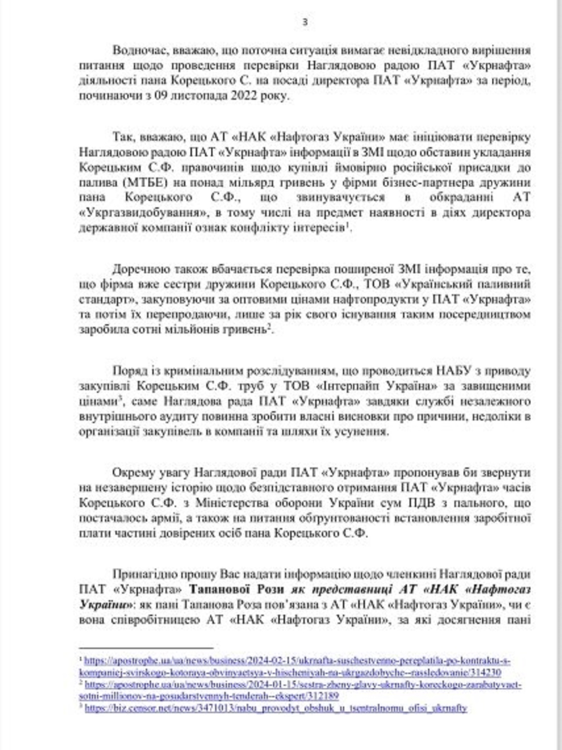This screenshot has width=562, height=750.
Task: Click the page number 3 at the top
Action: coord(305,22)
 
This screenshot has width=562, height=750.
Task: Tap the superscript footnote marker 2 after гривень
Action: coord(270,327)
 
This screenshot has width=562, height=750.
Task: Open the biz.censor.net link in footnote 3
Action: coord(276,708)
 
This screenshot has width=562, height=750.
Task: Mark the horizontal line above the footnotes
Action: coord(146,648)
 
